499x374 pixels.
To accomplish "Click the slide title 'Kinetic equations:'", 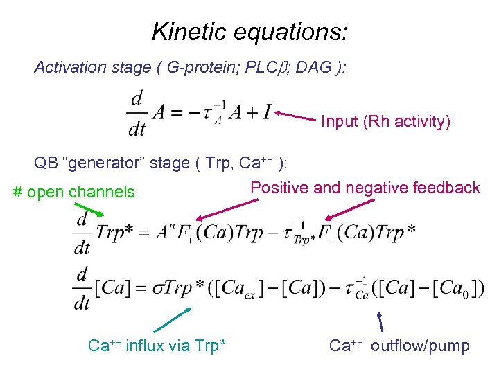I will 249,31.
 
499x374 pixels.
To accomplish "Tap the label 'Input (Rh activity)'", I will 385,122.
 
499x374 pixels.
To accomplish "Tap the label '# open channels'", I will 75,192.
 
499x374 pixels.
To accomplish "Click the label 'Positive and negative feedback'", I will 365,188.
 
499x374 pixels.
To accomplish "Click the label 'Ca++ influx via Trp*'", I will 157,345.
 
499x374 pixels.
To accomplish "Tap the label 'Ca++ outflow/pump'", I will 399,345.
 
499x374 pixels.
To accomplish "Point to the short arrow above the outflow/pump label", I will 380,322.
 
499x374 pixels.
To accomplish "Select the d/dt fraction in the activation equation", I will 137,114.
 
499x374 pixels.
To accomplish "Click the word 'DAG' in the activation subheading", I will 318,67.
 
